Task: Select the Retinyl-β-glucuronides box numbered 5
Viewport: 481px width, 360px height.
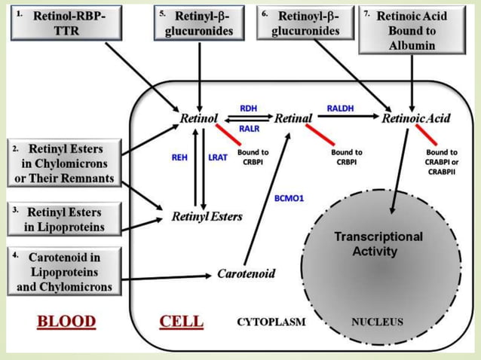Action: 199,23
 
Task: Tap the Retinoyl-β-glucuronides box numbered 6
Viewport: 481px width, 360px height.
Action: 304,23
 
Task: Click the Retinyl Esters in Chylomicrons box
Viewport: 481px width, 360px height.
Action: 63,163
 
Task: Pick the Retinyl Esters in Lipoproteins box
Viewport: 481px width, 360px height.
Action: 63,219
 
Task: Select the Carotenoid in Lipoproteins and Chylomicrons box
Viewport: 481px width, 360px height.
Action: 63,271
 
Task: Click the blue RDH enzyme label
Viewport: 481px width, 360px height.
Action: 248,108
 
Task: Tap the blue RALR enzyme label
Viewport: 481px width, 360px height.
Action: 249,129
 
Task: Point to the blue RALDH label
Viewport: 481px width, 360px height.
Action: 339,108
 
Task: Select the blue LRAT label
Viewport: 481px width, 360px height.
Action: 217,157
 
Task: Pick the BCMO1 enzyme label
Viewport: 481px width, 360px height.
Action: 289,198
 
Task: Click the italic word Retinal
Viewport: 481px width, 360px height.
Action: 293,118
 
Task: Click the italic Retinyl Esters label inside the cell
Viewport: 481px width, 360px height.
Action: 207,216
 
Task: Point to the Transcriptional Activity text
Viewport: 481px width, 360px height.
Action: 378,243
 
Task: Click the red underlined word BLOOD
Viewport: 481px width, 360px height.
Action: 67,322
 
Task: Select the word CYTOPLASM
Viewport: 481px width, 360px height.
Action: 271,322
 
